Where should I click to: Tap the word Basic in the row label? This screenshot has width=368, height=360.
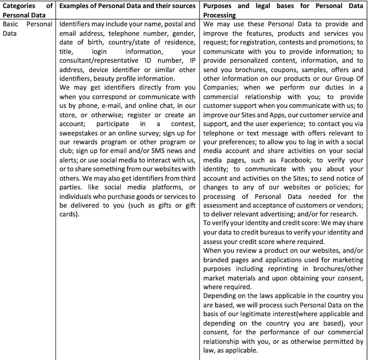[10, 24]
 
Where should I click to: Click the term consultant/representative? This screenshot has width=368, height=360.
[98, 60]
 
